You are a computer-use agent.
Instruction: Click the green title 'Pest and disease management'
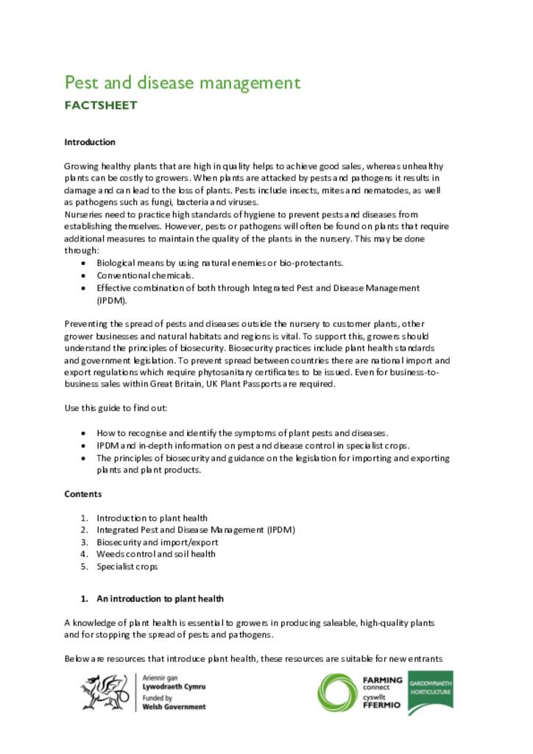(x=182, y=82)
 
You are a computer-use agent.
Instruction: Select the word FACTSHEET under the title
(x=100, y=105)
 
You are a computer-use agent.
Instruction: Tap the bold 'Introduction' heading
(x=90, y=142)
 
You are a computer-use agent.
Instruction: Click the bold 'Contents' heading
(x=83, y=494)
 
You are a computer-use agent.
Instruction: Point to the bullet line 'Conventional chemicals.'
(x=135, y=275)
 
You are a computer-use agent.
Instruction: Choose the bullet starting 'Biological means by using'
(x=220, y=263)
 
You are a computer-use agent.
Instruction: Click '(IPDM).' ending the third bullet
(x=112, y=300)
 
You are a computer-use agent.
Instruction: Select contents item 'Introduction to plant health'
(x=152, y=518)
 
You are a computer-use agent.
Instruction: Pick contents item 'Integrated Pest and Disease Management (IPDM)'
(x=195, y=529)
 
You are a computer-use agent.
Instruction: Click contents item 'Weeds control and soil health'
(x=155, y=554)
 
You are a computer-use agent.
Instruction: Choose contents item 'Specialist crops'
(x=127, y=566)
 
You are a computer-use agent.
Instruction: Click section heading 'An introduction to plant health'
(x=160, y=599)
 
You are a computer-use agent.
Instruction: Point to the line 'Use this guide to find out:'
(x=121, y=408)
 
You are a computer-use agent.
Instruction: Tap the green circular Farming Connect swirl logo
(x=338, y=693)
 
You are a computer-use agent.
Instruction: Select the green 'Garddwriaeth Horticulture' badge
(x=431, y=691)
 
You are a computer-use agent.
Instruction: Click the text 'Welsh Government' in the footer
(x=174, y=707)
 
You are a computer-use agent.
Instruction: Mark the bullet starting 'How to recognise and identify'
(x=242, y=433)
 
